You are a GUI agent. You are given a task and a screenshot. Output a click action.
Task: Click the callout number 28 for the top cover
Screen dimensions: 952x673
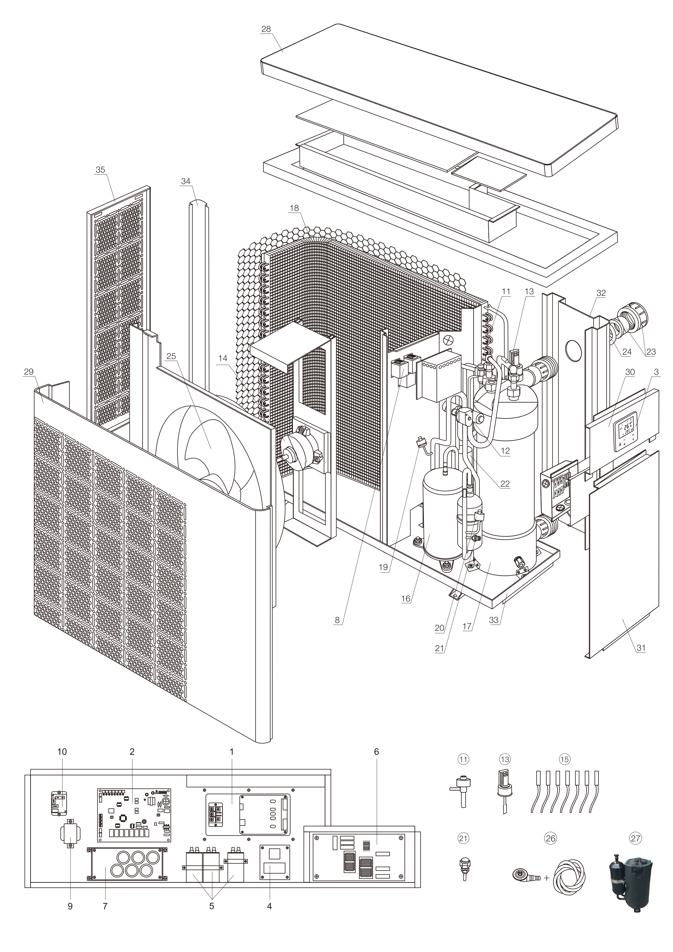(266, 29)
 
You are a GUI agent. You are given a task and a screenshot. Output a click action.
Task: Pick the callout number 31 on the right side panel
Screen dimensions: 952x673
(641, 648)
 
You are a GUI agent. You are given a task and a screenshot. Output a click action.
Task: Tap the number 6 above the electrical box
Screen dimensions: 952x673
(376, 752)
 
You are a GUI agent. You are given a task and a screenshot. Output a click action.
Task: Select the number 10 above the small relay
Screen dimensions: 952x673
(62, 752)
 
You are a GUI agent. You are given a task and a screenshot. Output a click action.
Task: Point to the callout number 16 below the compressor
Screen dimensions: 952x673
(405, 599)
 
